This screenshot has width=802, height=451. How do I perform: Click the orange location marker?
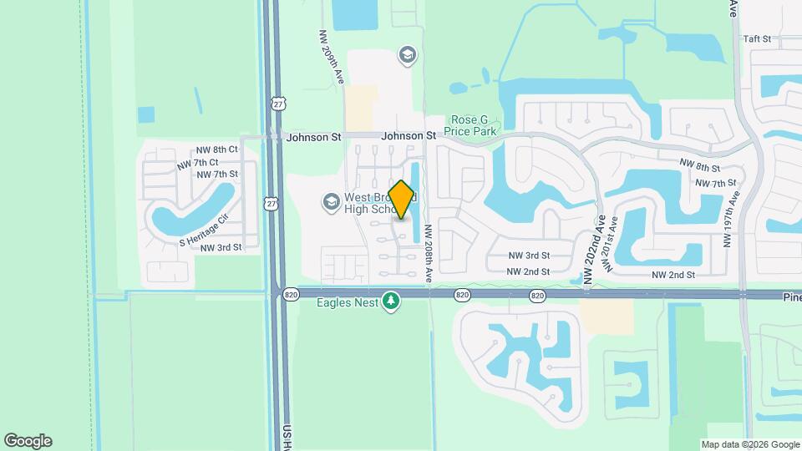pyautogui.click(x=402, y=199)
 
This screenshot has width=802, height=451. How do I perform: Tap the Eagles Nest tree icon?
pyautogui.click(x=390, y=301)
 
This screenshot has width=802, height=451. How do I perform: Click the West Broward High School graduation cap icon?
pyautogui.click(x=331, y=201)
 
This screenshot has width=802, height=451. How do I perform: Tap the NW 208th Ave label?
pyautogui.click(x=428, y=252)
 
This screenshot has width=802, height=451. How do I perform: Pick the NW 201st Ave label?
pyautogui.click(x=612, y=245)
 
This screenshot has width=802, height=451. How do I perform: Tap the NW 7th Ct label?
pyautogui.click(x=198, y=162)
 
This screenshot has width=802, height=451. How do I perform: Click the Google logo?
pyautogui.click(x=28, y=441)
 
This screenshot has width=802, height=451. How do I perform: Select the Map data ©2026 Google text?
pyautogui.click(x=749, y=444)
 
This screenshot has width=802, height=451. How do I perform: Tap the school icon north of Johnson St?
pyautogui.click(x=407, y=56)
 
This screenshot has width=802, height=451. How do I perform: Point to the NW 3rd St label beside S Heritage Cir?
pyautogui.click(x=221, y=247)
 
